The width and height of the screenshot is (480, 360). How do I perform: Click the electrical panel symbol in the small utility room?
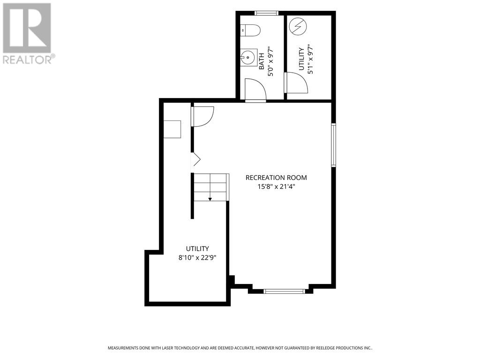point(298,27)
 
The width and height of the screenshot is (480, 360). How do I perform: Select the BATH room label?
point(262,61)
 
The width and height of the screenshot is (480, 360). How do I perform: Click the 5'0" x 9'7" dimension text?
point(270,61)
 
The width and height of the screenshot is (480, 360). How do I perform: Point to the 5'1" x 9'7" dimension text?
point(310,60)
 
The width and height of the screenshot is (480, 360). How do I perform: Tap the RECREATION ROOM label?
point(276,178)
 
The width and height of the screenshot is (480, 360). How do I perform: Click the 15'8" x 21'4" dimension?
point(276,187)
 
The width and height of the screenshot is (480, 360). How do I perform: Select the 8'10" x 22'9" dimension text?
point(197,257)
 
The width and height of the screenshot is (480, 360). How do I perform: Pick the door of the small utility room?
point(296,82)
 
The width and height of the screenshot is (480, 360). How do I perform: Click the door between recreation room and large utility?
point(202,116)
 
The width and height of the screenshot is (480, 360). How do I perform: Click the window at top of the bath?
point(266,13)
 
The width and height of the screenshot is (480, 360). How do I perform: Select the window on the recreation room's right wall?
point(334,145)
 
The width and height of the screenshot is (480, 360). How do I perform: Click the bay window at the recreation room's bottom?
point(284,291)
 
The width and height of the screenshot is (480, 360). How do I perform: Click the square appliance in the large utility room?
point(172,129)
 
